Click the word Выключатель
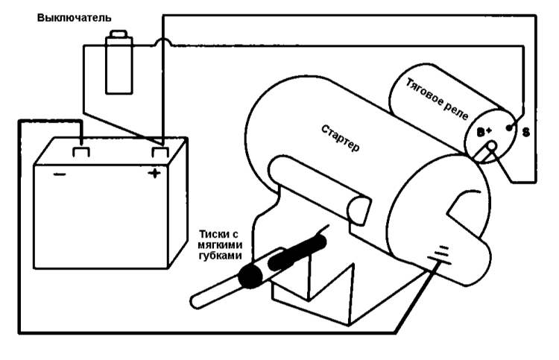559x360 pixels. pyautogui.click(x=74, y=18)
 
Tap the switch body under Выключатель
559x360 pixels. pyautogui.click(x=119, y=66)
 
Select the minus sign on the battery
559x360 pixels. pyautogui.click(x=59, y=174)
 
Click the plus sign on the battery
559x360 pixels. pyautogui.click(x=154, y=174)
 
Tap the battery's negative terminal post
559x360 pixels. pyautogui.click(x=81, y=152)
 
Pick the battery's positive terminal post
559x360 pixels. pyautogui.click(x=160, y=152)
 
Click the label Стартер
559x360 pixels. pyautogui.click(x=340, y=139)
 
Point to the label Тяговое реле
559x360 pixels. pyautogui.click(x=437, y=99)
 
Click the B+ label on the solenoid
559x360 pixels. pyautogui.click(x=484, y=132)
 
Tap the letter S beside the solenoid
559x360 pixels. pyautogui.click(x=526, y=133)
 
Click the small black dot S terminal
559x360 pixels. pyautogui.click(x=509, y=127)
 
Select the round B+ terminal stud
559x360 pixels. pyautogui.click(x=492, y=146)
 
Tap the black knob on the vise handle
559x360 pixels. pyautogui.click(x=251, y=276)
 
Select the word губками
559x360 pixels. pyautogui.click(x=220, y=256)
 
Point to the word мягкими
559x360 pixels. pyautogui.click(x=220, y=245)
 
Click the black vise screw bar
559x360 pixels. pyautogui.click(x=297, y=253)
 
